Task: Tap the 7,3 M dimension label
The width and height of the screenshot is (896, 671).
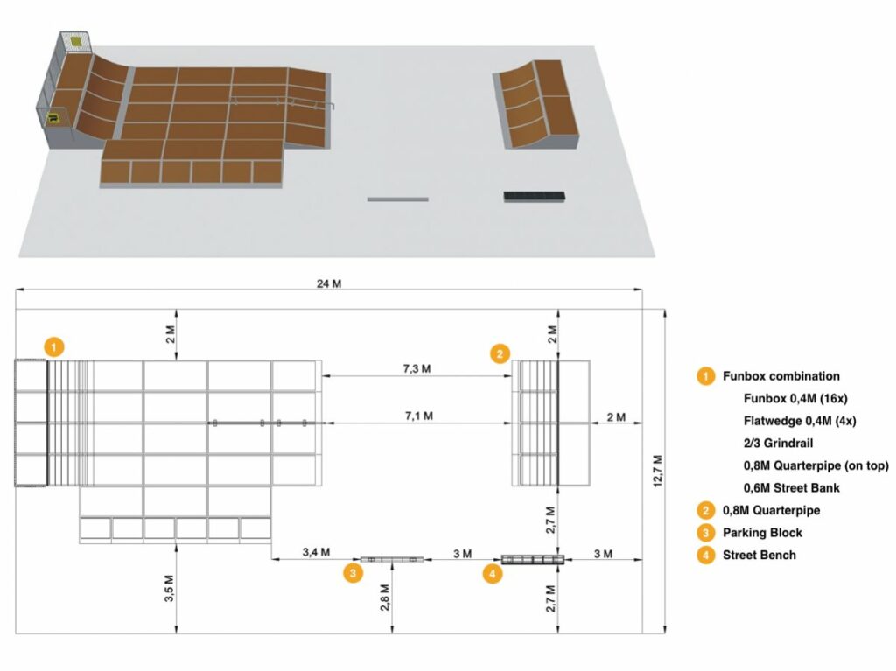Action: (x=417, y=368)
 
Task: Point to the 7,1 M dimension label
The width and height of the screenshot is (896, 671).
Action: (x=417, y=416)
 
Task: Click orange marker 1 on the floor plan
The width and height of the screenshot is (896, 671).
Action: (x=54, y=346)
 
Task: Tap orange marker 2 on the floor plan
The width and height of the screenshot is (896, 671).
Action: (x=499, y=353)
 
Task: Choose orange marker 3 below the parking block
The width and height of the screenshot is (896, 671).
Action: (x=352, y=574)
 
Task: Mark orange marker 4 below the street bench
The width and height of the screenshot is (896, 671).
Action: (x=493, y=574)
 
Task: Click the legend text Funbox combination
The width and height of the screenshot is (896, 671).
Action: (x=780, y=376)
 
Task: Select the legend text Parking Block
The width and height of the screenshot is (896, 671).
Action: (x=762, y=532)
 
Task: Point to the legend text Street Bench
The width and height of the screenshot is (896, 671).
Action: (x=759, y=555)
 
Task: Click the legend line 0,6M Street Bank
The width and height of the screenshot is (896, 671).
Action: (x=791, y=487)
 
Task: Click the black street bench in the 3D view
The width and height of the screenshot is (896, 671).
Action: (x=535, y=196)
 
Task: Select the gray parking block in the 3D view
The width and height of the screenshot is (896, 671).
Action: (x=397, y=199)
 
